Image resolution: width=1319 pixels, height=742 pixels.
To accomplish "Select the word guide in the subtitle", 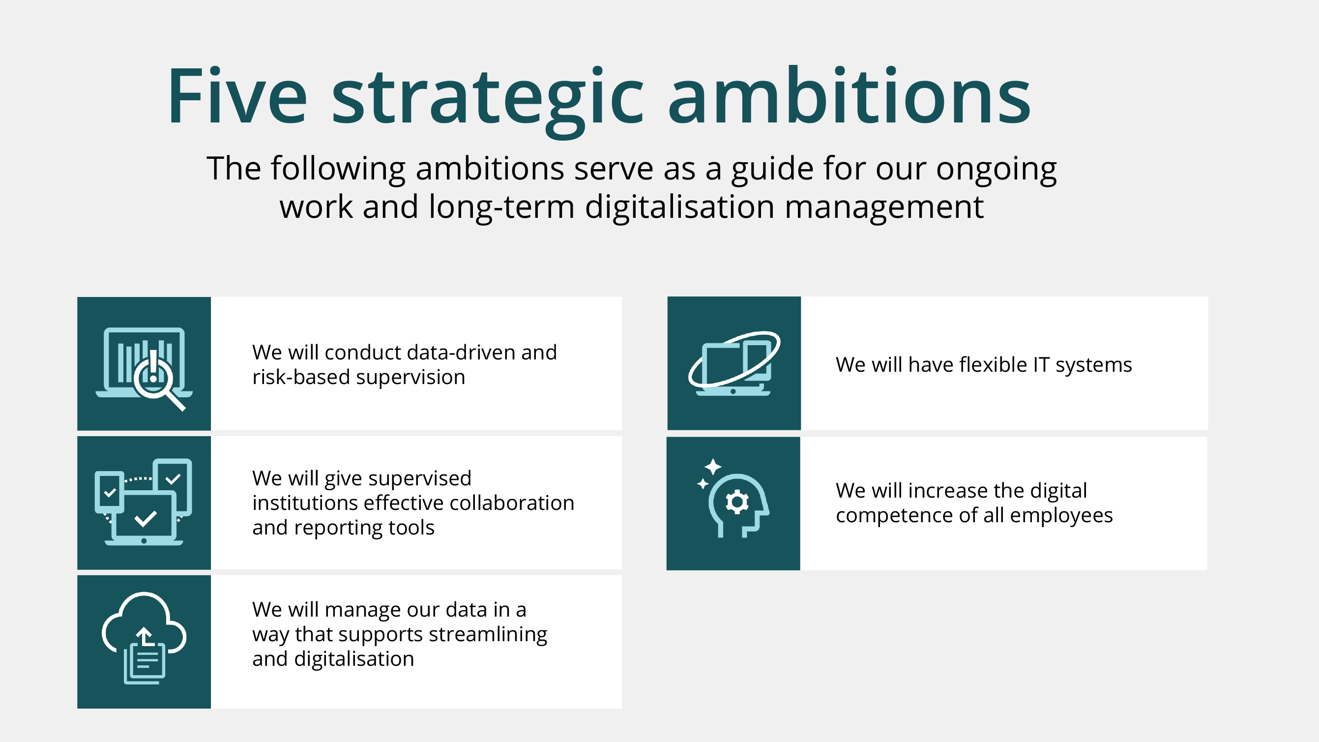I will click(772, 169).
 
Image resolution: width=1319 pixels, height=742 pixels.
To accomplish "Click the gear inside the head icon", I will click(737, 502).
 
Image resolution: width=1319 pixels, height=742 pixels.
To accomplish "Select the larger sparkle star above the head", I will click(713, 467).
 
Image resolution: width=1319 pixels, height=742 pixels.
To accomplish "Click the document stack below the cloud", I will click(145, 665).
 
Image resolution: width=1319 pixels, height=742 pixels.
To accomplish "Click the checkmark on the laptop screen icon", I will click(146, 518).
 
